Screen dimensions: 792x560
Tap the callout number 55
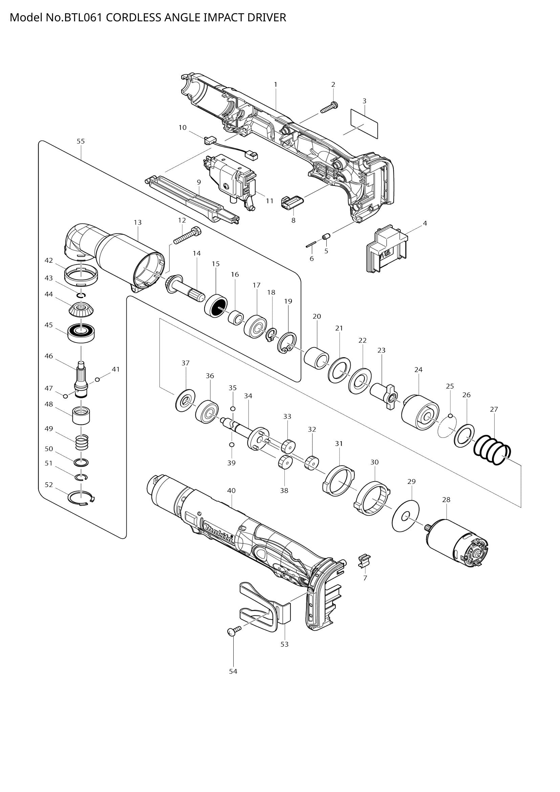tap(81, 141)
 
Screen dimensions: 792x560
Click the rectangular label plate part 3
tap(364, 123)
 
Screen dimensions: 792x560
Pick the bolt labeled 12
tap(187, 236)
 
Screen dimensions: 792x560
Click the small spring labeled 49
tap(82, 442)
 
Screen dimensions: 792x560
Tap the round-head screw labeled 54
tap(232, 631)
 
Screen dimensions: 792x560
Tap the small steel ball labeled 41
tap(97, 380)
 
